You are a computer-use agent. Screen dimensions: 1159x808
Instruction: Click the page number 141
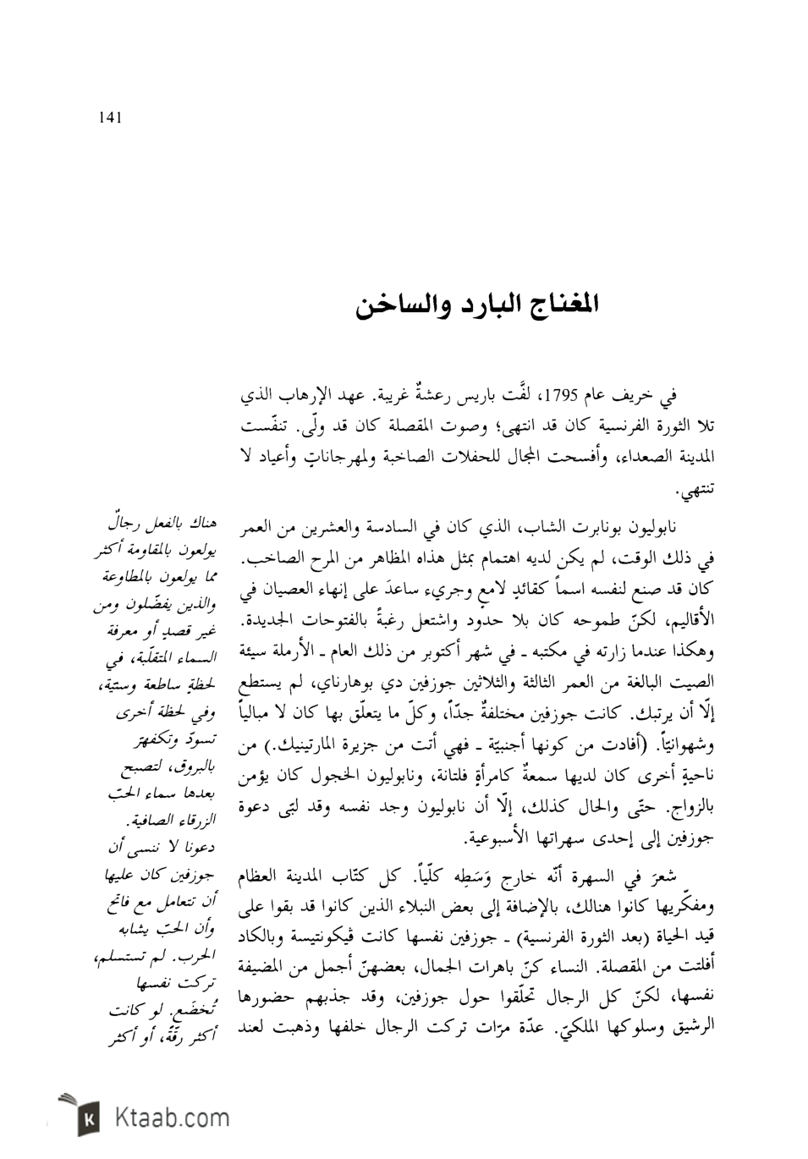(111, 118)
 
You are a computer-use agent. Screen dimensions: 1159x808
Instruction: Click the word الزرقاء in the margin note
(192, 821)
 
